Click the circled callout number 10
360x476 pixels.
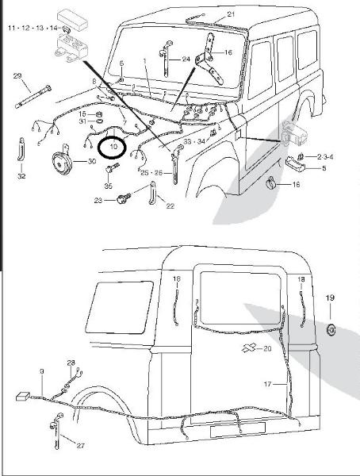tap(113, 147)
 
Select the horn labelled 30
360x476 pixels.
tap(62, 163)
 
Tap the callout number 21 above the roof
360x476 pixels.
tap(231, 14)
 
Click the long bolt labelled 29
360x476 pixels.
tap(33, 97)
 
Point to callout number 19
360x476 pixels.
tap(330, 297)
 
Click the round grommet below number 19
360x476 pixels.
tap(331, 330)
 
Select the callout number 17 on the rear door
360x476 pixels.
tap(267, 384)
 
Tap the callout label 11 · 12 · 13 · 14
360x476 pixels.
tap(33, 28)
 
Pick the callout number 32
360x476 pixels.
tap(21, 176)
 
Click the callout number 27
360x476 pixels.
tap(80, 446)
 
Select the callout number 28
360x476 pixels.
tap(71, 363)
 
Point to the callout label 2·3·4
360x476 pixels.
tap(325, 157)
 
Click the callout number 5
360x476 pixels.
tap(324, 168)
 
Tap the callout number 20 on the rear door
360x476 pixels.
tap(267, 348)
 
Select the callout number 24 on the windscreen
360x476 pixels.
tap(186, 59)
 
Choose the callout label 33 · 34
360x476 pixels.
tap(194, 141)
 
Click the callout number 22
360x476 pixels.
tap(170, 205)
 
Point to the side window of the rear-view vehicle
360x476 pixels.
tap(120, 307)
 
